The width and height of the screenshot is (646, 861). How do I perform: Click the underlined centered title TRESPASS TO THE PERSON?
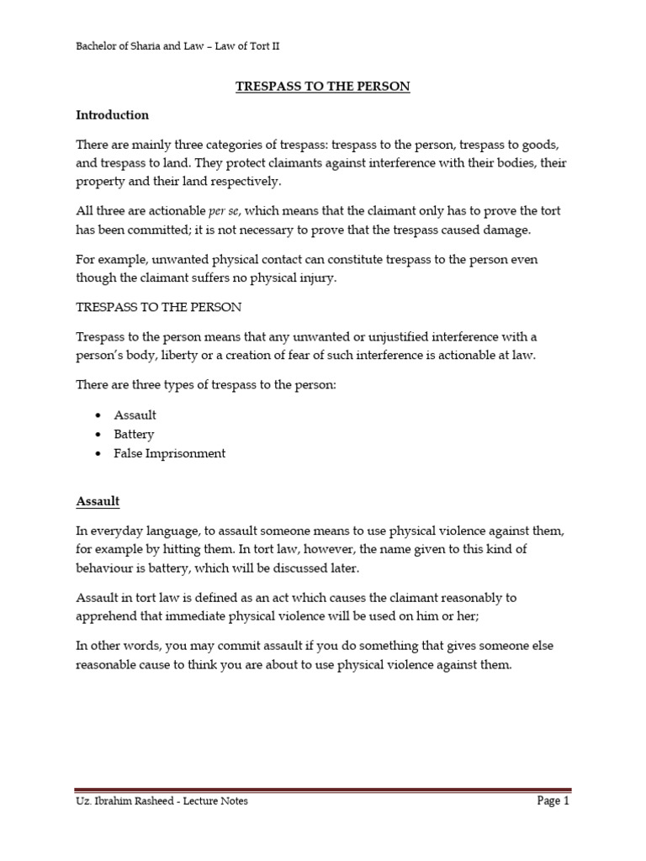323,87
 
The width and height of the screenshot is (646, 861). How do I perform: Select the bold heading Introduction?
112,115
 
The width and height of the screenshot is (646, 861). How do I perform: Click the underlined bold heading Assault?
98,502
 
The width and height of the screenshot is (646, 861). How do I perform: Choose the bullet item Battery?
134,435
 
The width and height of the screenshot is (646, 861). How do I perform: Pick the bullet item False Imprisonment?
170,453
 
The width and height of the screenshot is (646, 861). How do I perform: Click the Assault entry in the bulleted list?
135,415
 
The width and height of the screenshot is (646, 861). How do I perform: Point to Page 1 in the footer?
553,801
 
